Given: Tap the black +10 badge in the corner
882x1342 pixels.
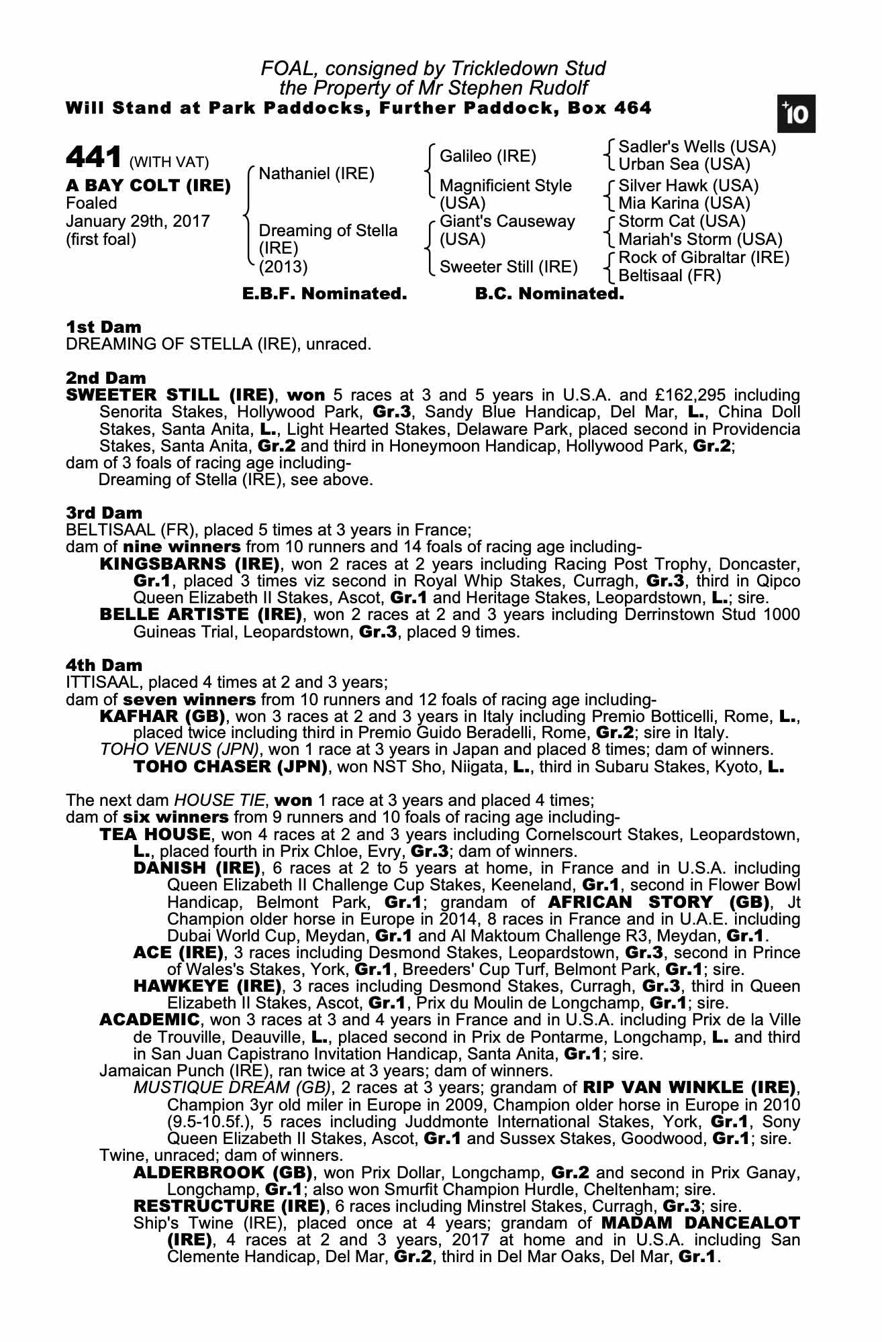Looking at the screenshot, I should [x=796, y=115].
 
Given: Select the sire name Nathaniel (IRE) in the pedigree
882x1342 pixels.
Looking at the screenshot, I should [x=316, y=174].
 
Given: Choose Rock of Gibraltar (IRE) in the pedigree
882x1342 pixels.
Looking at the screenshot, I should [x=703, y=258].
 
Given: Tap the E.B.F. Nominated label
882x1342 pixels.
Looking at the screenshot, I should [x=324, y=294].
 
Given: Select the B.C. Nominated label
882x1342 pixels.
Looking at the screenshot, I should [x=549, y=294].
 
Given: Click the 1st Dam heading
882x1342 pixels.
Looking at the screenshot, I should [x=103, y=327].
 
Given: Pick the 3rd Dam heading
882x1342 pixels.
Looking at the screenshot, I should [x=104, y=513].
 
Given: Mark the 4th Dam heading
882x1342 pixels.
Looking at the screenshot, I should [x=104, y=666].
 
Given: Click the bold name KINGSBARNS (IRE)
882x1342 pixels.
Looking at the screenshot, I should [x=189, y=564].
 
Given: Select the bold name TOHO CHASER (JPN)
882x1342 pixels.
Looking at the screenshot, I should [x=230, y=767].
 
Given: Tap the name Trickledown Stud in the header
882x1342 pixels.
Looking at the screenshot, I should [x=529, y=68].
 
